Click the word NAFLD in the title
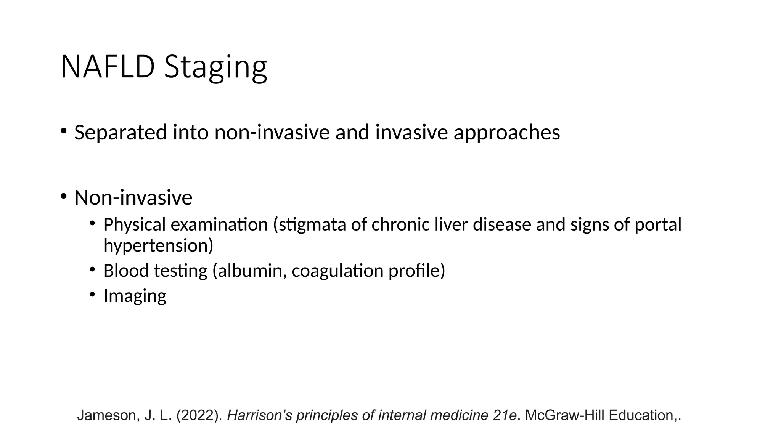(x=108, y=67)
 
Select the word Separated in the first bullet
(x=121, y=132)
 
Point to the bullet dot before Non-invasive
(x=63, y=197)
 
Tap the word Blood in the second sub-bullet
(x=126, y=271)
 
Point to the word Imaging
(x=135, y=296)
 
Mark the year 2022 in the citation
(x=199, y=415)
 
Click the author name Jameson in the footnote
(x=108, y=415)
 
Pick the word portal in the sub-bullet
(x=657, y=224)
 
